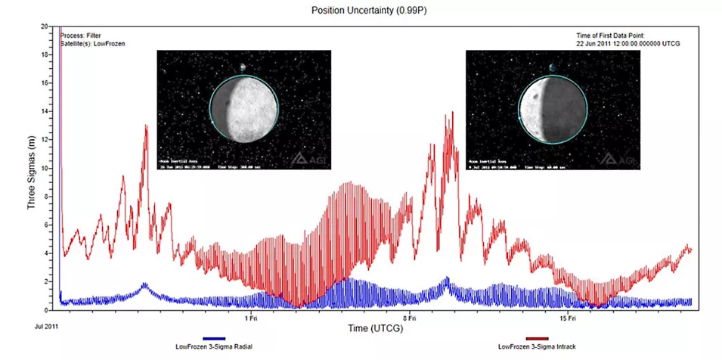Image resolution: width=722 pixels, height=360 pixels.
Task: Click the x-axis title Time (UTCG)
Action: click(x=369, y=328)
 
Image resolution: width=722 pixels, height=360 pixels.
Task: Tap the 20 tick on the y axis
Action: click(x=45, y=26)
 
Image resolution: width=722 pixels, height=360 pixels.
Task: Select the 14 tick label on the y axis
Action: click(x=45, y=111)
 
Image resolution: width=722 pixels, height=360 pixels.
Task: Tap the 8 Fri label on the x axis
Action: click(x=410, y=318)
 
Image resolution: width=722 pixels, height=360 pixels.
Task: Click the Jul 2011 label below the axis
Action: click(x=46, y=326)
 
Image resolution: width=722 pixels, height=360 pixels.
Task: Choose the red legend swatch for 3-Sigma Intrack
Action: click(x=538, y=340)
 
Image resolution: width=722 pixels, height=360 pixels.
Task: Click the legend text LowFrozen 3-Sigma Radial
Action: click(x=214, y=347)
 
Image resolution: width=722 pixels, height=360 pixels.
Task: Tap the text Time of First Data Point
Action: click(x=613, y=35)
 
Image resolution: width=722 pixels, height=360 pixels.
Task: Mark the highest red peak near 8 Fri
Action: click(x=452, y=113)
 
